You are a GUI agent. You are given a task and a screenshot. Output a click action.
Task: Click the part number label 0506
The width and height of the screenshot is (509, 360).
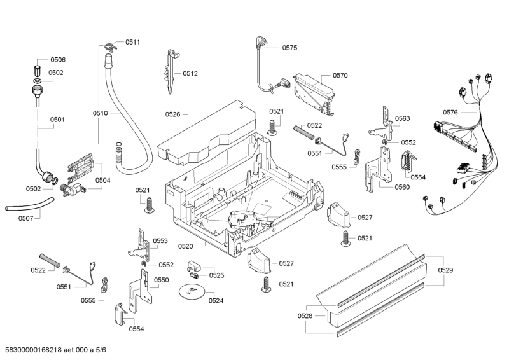point(57,60)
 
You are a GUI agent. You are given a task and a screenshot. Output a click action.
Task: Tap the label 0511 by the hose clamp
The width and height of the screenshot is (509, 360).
point(132,42)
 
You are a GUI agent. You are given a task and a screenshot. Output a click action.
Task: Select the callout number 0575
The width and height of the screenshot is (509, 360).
point(289,47)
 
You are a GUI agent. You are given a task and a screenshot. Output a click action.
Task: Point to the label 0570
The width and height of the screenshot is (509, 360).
point(340,75)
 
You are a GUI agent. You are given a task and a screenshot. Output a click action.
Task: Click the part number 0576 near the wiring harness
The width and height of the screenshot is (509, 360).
point(450,113)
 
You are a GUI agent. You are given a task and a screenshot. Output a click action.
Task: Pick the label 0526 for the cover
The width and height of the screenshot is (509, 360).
point(172,114)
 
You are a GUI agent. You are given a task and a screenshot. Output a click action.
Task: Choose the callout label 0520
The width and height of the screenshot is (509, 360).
point(185,246)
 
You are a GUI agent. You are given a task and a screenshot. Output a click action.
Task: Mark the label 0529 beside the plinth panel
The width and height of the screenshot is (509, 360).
point(445,271)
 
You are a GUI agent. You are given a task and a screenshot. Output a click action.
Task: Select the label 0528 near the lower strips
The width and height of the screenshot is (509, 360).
point(305,316)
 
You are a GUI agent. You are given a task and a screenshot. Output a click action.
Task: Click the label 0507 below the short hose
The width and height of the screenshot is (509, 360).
point(25,219)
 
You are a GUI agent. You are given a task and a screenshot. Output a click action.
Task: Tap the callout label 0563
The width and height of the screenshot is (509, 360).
point(402,118)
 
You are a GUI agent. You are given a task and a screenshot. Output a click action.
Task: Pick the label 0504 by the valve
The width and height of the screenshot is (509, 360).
point(102,180)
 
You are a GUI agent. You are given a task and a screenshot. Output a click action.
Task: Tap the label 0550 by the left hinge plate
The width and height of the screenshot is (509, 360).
point(162,280)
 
